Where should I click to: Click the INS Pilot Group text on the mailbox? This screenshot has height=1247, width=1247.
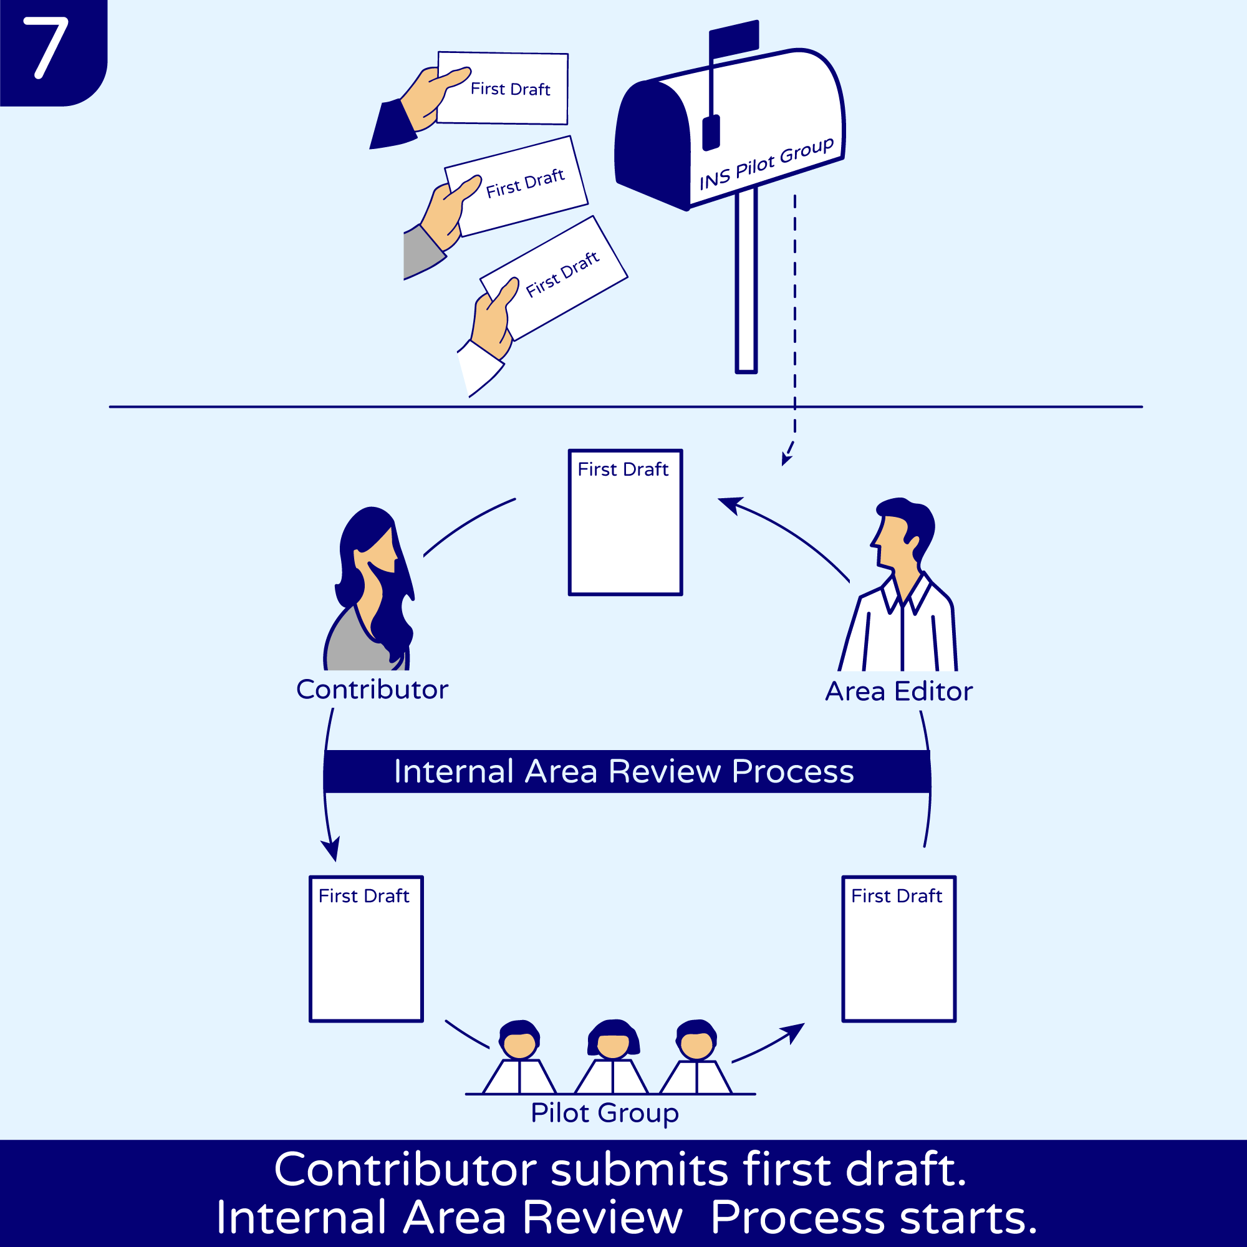[766, 164]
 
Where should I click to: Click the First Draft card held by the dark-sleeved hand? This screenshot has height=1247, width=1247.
[510, 89]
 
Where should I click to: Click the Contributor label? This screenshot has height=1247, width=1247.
[372, 690]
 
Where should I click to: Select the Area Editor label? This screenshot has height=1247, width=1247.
[898, 692]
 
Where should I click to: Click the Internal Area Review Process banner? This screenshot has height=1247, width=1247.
[625, 771]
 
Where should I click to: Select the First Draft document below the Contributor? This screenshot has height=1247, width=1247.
[366, 949]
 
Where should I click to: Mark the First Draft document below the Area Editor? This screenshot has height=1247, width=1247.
[898, 949]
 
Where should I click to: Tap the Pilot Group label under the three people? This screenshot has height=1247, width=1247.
[604, 1113]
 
